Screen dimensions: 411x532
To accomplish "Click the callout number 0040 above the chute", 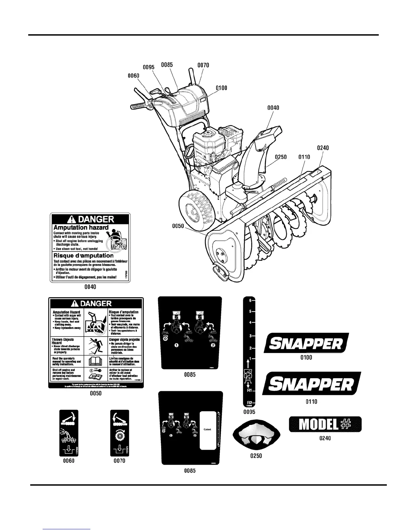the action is point(273,108).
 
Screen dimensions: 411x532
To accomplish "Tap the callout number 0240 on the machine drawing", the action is point(323,148).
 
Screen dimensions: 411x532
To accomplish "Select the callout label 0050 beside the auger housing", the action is point(178,226).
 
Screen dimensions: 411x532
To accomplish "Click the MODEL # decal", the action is point(325,425).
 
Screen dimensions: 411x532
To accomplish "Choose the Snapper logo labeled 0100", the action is point(306,343).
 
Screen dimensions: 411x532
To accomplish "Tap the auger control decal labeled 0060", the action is point(69,433).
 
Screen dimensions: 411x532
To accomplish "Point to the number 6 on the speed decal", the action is point(250,301).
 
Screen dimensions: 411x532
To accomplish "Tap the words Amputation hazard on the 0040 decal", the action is point(81,227).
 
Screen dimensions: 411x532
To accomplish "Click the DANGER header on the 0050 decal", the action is point(96,304).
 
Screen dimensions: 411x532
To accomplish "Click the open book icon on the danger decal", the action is point(95,361).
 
